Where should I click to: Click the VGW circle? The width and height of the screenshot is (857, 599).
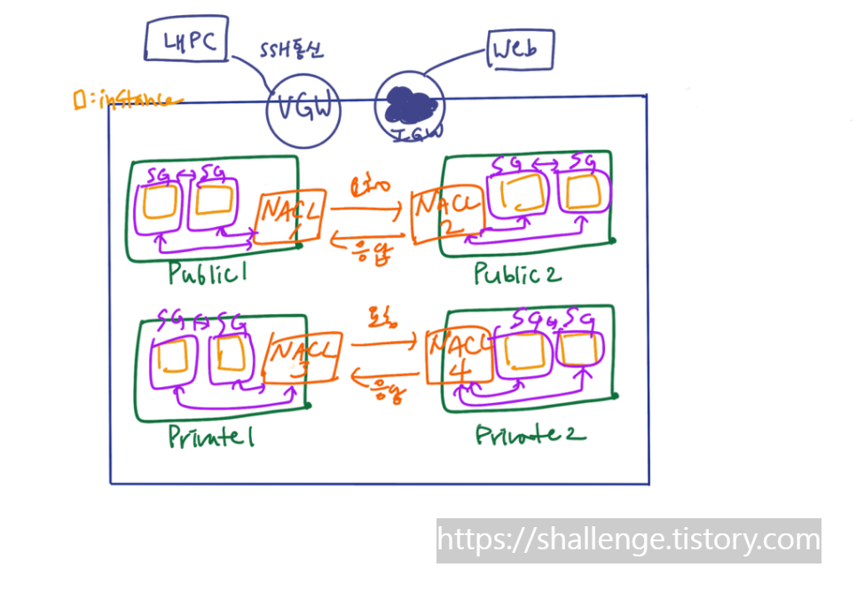pyautogui.click(x=303, y=109)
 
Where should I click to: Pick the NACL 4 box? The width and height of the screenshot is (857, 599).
pyautogui.click(x=456, y=357)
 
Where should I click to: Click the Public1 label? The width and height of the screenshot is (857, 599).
pyautogui.click(x=207, y=274)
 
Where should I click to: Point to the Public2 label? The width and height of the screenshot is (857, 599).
pyautogui.click(x=516, y=274)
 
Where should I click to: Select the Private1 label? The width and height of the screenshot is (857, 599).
pyautogui.click(x=210, y=437)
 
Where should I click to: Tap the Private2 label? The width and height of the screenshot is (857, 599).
pyautogui.click(x=531, y=435)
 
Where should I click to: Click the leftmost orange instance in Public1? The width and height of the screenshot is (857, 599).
pyautogui.click(x=160, y=203)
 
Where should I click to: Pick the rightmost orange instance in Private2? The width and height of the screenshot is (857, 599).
pyautogui.click(x=579, y=351)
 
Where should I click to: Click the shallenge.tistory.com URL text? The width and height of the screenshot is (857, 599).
pyautogui.click(x=628, y=539)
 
